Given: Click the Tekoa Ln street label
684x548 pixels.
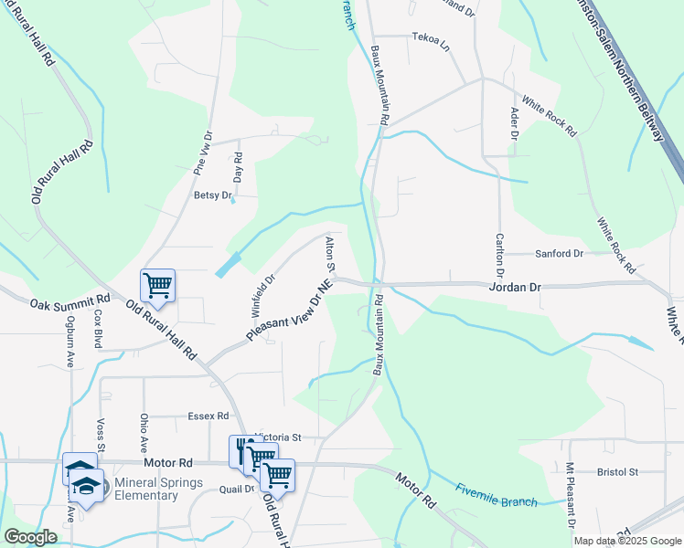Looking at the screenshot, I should click(x=432, y=40).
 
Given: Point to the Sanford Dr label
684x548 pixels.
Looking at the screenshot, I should click(x=560, y=253).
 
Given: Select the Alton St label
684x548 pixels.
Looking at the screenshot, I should click(x=330, y=253).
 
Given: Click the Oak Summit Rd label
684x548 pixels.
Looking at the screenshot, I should click(x=69, y=302).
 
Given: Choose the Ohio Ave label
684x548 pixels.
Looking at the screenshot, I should click(x=144, y=433).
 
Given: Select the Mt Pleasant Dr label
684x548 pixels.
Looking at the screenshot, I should click(x=569, y=497).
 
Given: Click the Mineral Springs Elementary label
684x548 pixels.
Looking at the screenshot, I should click(x=146, y=489).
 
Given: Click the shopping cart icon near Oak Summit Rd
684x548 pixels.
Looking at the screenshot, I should click(x=157, y=285).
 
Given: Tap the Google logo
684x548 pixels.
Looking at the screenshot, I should click(x=30, y=537).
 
